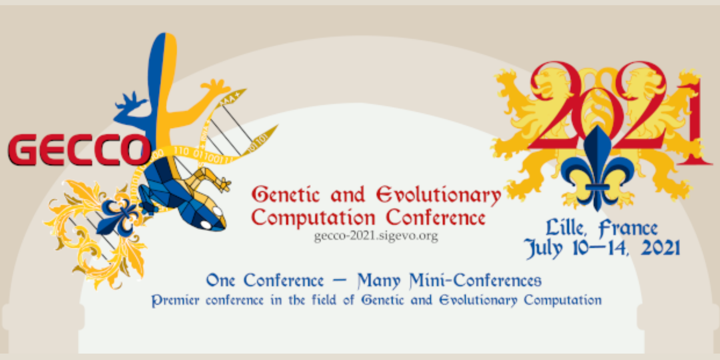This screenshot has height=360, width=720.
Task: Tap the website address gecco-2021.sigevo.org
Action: [376, 236]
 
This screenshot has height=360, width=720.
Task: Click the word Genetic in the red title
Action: [286, 195]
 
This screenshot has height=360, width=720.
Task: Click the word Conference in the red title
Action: [436, 218]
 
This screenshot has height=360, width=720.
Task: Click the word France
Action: [628, 228]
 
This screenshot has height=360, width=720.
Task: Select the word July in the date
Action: [544, 249]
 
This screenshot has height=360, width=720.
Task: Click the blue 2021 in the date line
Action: [660, 248]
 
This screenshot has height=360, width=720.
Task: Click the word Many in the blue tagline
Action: [379, 281]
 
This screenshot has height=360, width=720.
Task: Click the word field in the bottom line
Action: [324, 300]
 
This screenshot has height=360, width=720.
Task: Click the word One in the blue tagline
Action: [220, 280]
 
